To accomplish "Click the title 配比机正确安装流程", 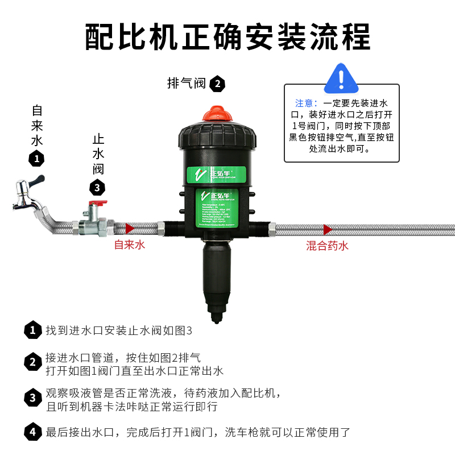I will tap(227, 38).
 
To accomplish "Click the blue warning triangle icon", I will tap(342, 79).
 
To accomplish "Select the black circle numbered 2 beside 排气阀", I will tap(217, 85).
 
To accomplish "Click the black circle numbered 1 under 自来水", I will tap(37, 159).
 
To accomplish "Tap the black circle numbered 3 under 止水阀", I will tap(98, 187).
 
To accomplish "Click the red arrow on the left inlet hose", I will tap(130, 229).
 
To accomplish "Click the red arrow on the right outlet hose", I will tap(328, 229).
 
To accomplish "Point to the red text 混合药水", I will tap(327, 246).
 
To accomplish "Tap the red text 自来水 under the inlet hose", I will tap(130, 245).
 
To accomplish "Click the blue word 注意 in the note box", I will tap(305, 104).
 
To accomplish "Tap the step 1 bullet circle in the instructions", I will tap(33, 330).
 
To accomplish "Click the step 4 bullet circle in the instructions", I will tap(33, 432).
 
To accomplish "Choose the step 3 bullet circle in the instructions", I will tap(33, 399).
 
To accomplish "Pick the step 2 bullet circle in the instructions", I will tap(33, 362).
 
